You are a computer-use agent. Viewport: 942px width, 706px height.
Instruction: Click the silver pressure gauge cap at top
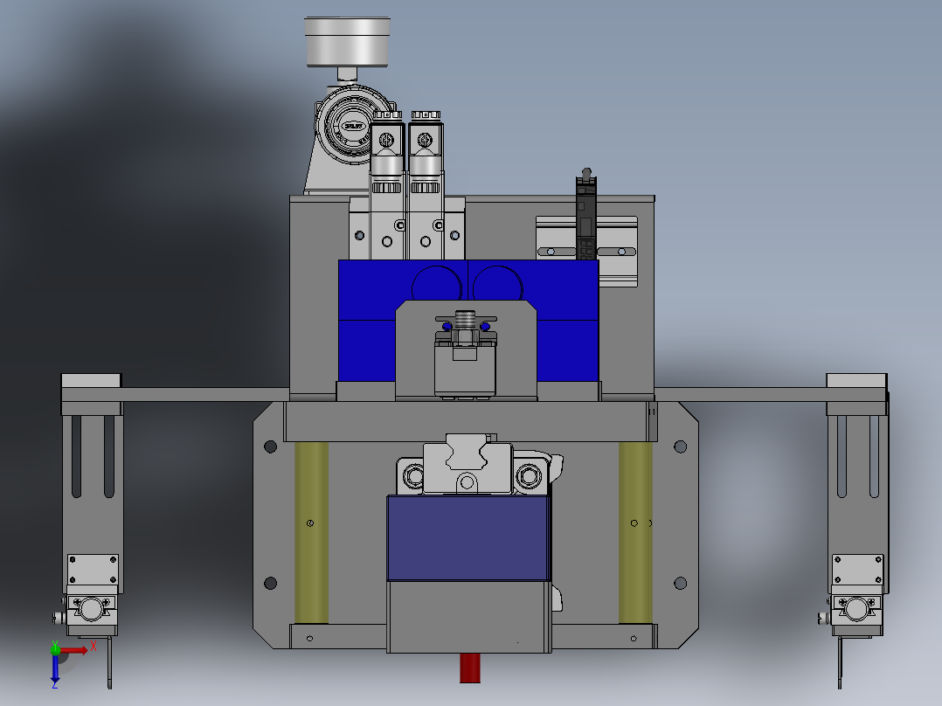[346, 41]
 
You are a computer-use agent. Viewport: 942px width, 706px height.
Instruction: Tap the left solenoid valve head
[386, 140]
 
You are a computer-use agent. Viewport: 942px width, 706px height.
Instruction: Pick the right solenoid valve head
[425, 140]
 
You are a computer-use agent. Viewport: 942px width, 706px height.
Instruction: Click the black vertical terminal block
[585, 218]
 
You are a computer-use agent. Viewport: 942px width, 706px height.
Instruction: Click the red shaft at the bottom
[469, 668]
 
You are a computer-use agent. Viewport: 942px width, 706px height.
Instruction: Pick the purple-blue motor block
[468, 538]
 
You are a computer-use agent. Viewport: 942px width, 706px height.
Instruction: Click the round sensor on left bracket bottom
[92, 608]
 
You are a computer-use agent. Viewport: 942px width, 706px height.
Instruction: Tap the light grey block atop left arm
[91, 381]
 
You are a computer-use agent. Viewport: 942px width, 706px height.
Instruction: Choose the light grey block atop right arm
[856, 381]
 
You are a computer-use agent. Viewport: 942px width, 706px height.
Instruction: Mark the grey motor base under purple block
[468, 617]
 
